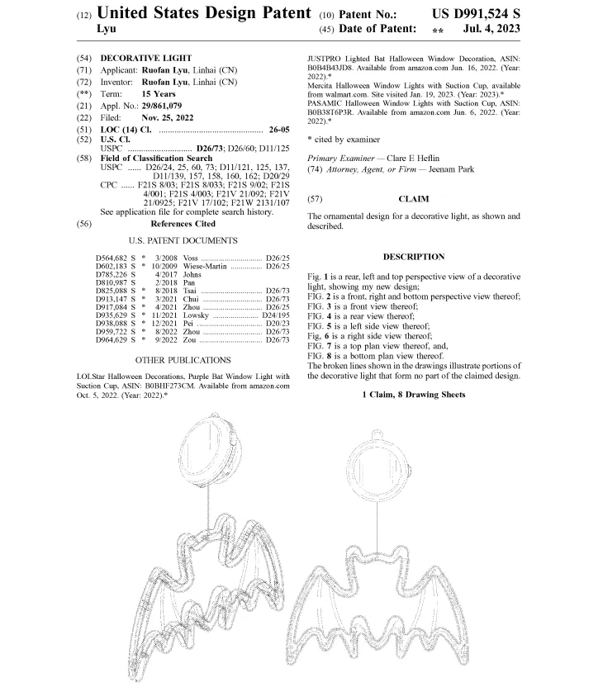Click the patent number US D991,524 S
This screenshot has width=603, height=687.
(476, 14)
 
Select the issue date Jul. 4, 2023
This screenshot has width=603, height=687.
(491, 29)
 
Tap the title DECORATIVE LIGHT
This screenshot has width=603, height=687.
(146, 59)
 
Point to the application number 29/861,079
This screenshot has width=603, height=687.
(161, 106)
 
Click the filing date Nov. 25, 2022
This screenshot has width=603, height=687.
(168, 118)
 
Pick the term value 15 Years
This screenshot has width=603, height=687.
(159, 94)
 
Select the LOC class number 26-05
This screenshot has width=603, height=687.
(279, 130)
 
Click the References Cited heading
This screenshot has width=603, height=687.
(183, 224)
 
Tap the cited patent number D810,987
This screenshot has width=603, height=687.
(112, 282)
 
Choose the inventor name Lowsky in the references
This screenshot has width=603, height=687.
(196, 315)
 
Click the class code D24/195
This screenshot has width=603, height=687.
(276, 315)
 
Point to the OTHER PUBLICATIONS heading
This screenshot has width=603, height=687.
(183, 360)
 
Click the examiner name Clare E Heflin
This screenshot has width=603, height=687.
(413, 159)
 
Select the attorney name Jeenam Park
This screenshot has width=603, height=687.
(451, 169)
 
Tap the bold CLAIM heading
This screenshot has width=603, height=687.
(414, 199)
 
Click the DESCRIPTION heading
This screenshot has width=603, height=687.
(414, 257)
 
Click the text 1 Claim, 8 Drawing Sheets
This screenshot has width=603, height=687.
(414, 395)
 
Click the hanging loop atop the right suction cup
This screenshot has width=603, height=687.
(377, 434)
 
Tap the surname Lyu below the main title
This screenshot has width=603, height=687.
(107, 30)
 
